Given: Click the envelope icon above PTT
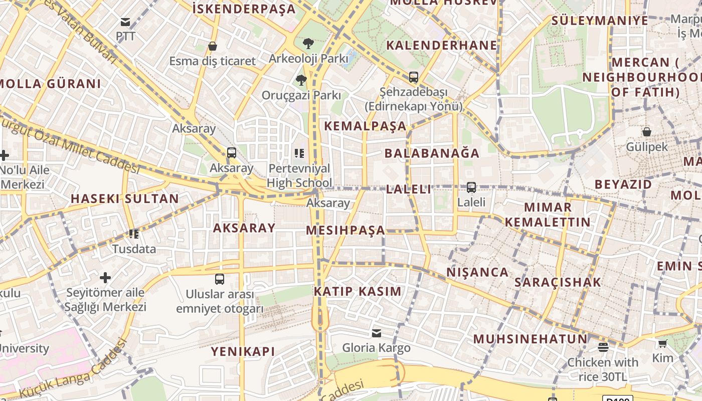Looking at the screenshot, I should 125,22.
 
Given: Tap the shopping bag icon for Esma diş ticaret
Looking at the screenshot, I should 213,47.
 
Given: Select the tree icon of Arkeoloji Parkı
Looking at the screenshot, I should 308,44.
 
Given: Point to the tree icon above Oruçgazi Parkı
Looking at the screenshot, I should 301,80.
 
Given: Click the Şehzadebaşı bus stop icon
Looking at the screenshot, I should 414,77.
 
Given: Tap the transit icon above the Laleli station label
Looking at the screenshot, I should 471,187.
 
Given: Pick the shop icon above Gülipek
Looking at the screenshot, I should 647,132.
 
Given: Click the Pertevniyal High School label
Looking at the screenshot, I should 299,175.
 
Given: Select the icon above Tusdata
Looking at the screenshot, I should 134,234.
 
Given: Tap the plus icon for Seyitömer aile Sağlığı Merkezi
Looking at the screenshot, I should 105,277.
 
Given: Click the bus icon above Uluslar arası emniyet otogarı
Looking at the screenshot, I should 220,279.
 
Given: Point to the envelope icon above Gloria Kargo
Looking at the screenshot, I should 377,333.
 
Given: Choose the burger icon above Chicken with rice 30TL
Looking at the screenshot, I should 603,347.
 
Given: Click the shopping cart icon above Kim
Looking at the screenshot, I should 663,343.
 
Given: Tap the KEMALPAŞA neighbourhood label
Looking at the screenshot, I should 365,126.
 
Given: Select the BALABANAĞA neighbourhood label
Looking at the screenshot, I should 432,153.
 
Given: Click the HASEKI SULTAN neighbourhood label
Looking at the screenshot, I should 124,198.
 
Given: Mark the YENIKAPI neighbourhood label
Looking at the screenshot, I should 243,351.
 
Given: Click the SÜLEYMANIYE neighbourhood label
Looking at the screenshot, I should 600,21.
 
